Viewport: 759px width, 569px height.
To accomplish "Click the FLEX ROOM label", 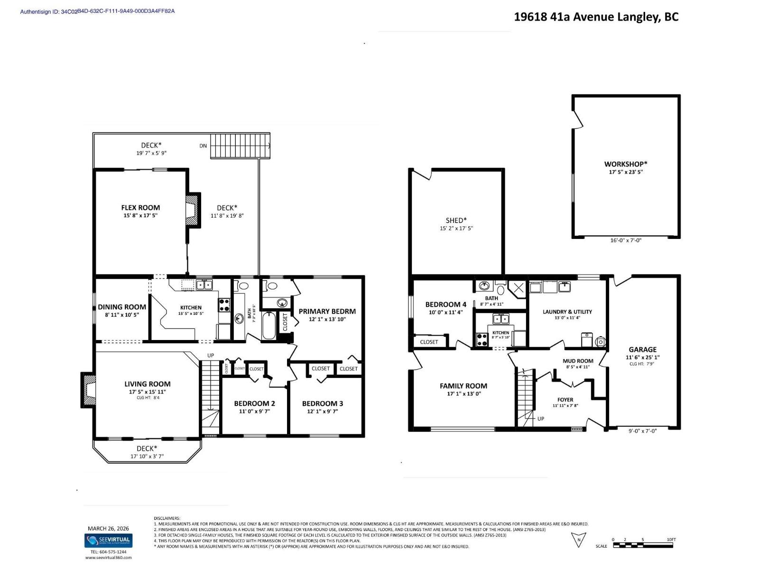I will click(140, 208).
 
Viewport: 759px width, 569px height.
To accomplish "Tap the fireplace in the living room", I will click(88, 390).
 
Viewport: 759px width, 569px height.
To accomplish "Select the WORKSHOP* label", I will click(626, 164).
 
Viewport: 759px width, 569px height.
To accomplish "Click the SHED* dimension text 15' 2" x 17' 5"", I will click(456, 229).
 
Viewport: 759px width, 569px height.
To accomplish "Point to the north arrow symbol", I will click(579, 540).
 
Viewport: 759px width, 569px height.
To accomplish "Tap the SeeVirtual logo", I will click(108, 541).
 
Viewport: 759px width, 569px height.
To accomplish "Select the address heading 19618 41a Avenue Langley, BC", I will click(596, 17).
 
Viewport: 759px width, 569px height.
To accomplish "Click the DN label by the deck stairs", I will click(203, 146).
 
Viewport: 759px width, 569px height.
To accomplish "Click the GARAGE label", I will click(642, 349).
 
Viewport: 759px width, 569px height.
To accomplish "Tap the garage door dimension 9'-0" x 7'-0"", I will click(642, 431).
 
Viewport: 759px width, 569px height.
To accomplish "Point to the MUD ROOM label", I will click(578, 361).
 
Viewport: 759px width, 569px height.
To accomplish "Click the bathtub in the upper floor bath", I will click(268, 325).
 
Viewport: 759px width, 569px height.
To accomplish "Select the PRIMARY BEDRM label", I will click(327, 312).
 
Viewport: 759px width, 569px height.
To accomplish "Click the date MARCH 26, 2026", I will click(108, 529).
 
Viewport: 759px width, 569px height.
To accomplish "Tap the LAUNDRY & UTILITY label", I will click(567, 312).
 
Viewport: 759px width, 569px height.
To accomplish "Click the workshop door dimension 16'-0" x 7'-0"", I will click(625, 240).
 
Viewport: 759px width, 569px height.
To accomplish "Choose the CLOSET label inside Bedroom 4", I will click(429, 342).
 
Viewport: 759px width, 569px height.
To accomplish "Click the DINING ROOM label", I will click(122, 307).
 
